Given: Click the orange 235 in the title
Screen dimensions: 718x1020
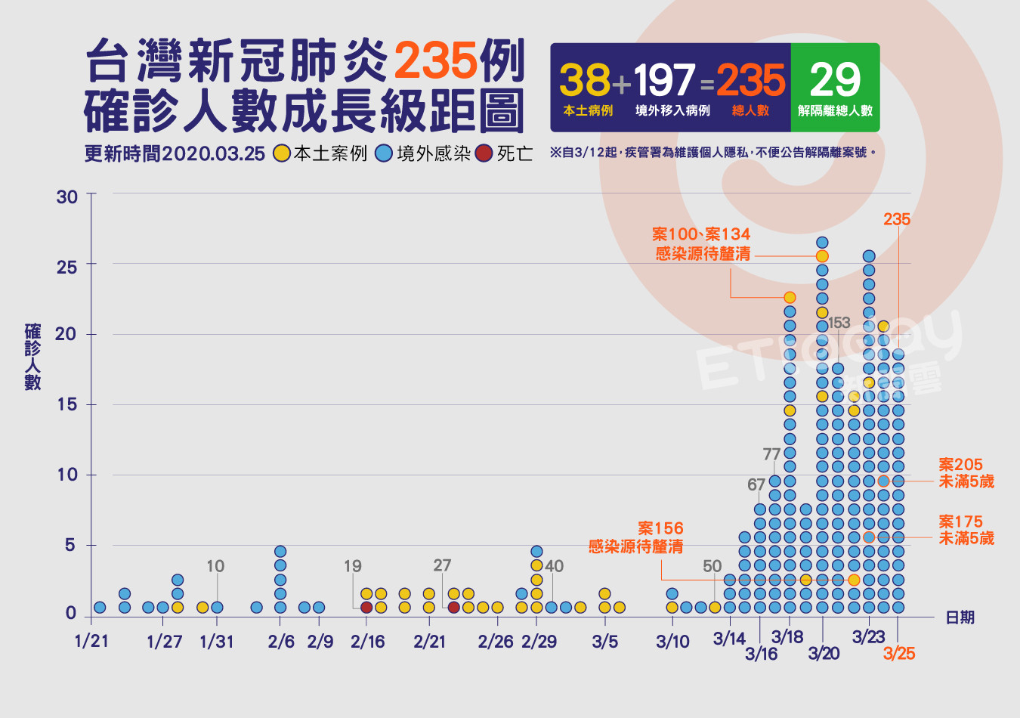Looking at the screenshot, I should (x=435, y=61).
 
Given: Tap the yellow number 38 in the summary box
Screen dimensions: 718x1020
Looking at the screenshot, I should (x=584, y=79).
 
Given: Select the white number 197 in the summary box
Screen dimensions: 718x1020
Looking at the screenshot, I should (x=664, y=79).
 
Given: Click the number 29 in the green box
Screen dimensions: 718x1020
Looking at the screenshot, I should (x=835, y=79).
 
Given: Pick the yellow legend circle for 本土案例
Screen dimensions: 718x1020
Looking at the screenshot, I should (x=282, y=153).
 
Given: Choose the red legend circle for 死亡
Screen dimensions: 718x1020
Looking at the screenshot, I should (x=484, y=153).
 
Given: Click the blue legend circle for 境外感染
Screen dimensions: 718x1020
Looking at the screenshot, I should (x=385, y=153).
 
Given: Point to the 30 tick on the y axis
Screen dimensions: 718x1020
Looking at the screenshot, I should (x=66, y=197).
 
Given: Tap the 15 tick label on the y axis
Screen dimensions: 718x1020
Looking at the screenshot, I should (x=66, y=404).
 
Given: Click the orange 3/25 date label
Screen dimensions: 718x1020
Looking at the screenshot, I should (x=899, y=654).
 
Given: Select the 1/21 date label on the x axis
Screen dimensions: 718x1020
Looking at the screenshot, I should (x=91, y=642).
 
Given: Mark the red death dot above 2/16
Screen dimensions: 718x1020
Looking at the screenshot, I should (x=366, y=608).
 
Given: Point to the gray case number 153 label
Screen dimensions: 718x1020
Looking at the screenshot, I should (x=839, y=323).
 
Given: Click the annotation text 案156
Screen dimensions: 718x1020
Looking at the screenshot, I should (x=660, y=528).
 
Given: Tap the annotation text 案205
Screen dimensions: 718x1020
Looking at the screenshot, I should (x=960, y=464).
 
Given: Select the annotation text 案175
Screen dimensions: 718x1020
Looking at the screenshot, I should (x=960, y=521).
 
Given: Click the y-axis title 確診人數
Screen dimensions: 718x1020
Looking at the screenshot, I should (x=32, y=357).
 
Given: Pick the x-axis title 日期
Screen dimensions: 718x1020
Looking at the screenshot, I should (x=960, y=617).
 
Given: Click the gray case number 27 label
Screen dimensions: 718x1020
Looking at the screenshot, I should (x=442, y=565).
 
